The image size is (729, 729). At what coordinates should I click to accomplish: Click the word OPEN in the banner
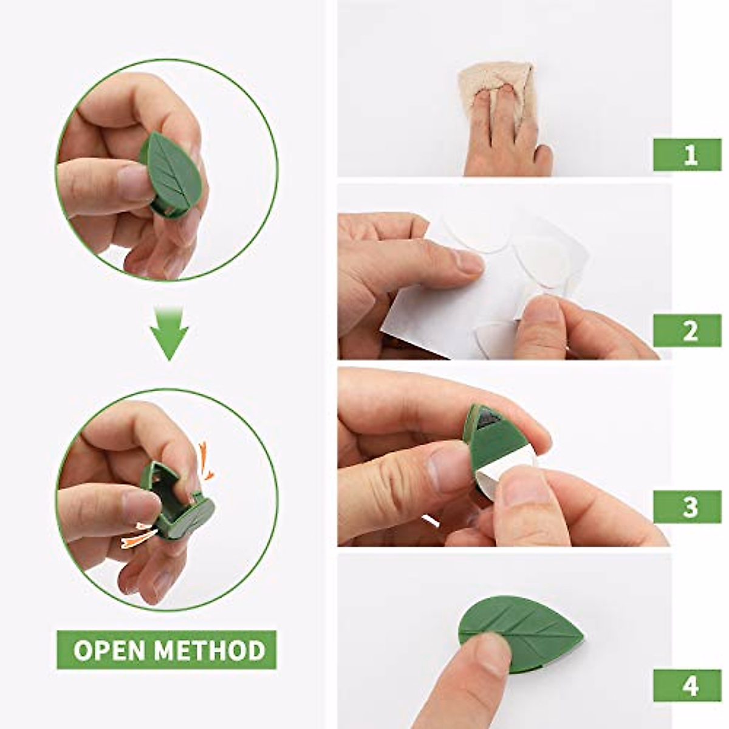click(x=109, y=650)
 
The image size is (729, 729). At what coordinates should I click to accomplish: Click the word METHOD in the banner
click(x=210, y=650)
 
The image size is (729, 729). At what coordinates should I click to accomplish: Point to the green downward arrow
click(x=169, y=334)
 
